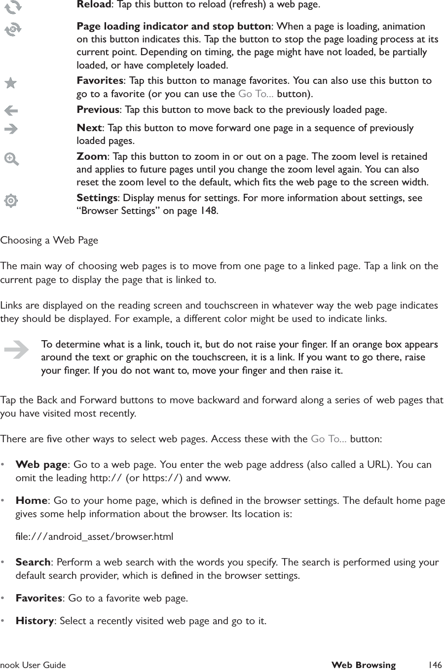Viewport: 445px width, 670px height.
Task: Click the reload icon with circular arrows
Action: click(12, 6)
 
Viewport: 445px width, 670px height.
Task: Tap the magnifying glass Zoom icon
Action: click(11, 159)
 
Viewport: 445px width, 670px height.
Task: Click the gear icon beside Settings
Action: click(11, 201)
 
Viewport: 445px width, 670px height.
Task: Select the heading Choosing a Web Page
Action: click(49, 241)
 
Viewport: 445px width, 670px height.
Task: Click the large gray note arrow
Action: click(16, 351)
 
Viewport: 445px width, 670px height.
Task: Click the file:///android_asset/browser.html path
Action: click(94, 536)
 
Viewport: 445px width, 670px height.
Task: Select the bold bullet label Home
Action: click(32, 501)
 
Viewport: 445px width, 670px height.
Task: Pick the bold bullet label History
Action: click(35, 620)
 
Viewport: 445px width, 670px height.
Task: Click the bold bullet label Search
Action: click(33, 562)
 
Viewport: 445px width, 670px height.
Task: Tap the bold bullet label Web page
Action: click(41, 464)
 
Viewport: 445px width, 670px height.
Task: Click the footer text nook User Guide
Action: click(33, 665)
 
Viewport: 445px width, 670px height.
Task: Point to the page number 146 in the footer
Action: click(435, 665)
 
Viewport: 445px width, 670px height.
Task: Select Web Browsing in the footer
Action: click(363, 665)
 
